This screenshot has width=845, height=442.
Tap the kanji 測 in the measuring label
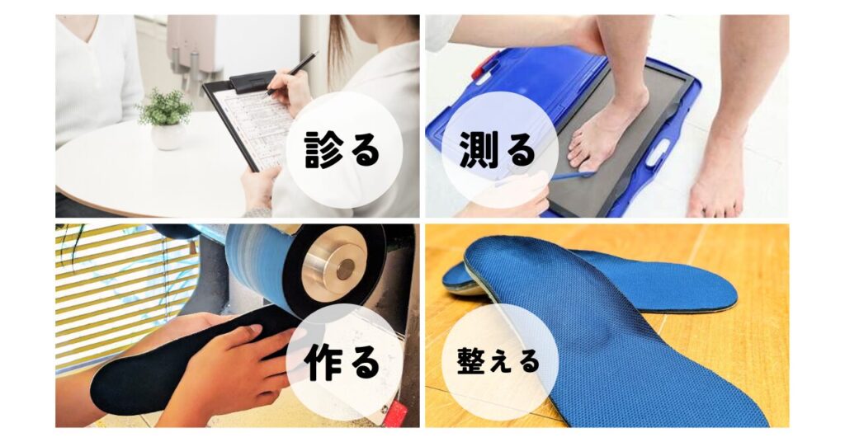(x=477, y=149)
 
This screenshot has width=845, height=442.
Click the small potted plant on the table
(x=167, y=120)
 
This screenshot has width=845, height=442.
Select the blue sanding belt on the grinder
(x=257, y=269)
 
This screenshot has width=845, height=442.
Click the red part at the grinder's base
(x=396, y=412)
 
